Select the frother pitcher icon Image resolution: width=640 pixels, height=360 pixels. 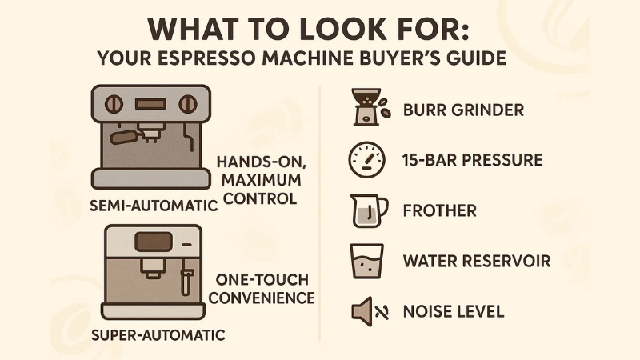click(x=369, y=210)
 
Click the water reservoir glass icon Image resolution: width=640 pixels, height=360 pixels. click(x=367, y=261)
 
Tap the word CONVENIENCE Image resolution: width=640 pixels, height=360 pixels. click(x=265, y=298)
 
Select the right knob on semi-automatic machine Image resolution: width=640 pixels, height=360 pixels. click(x=188, y=104)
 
